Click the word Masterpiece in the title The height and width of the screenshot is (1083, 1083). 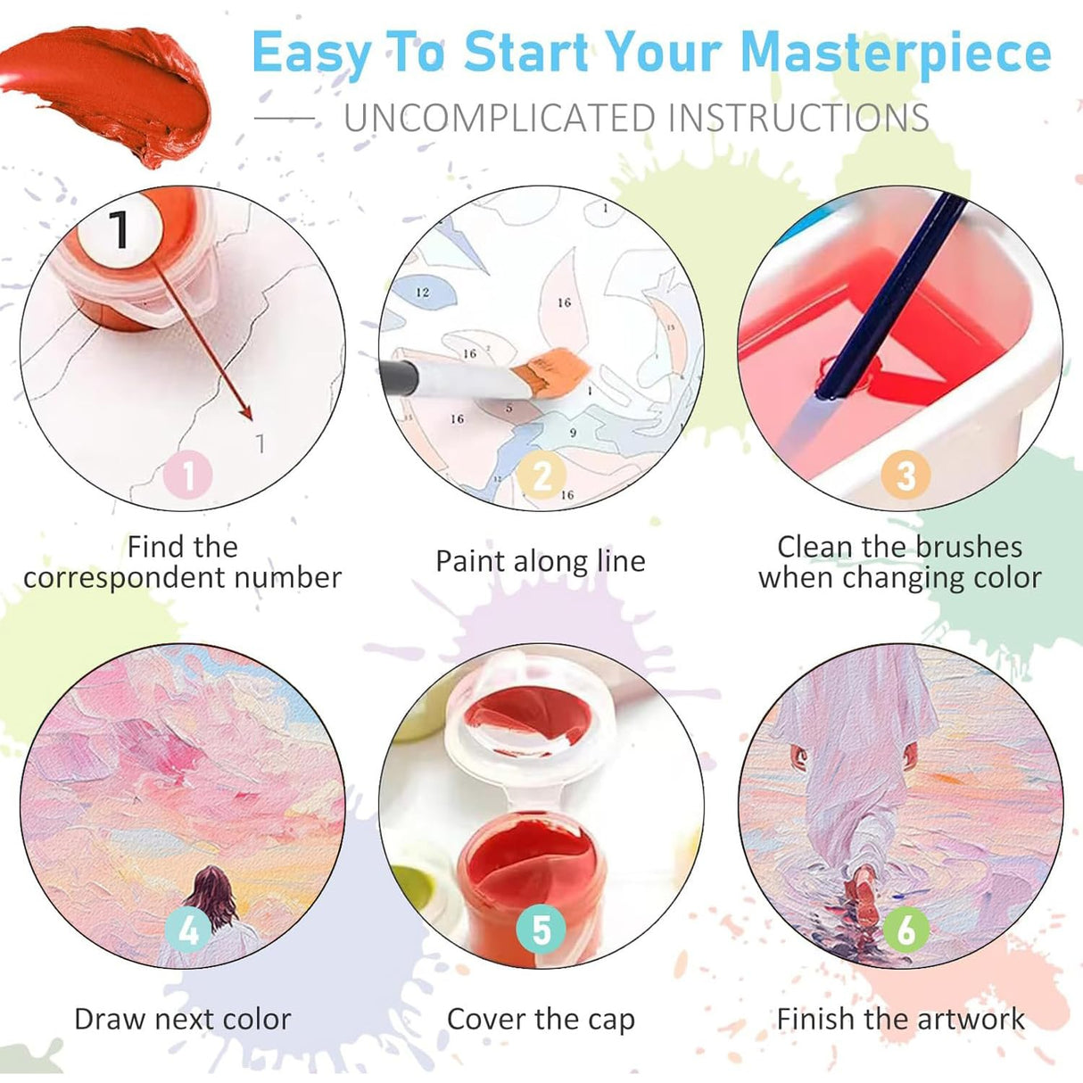896,54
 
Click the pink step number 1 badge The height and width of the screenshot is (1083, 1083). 188,475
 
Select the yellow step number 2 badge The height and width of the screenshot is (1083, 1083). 542,475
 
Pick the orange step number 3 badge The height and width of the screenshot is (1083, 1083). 905,475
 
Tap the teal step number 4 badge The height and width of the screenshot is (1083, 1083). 188,930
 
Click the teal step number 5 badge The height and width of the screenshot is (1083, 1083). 541,930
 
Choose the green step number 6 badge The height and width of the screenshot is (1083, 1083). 905,930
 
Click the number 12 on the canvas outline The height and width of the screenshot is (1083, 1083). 423,292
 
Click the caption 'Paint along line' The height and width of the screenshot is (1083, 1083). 541,561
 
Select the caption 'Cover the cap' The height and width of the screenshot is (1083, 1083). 541,1018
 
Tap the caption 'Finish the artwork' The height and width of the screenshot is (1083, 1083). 900,1018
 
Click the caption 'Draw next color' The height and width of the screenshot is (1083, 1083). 183,1018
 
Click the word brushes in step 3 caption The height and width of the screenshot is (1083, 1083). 968,546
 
